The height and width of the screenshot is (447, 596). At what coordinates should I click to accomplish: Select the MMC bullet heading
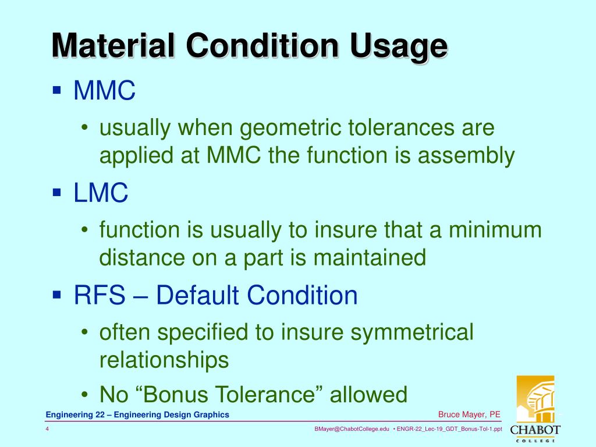[105, 91]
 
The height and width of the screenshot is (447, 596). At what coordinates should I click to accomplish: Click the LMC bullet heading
[101, 193]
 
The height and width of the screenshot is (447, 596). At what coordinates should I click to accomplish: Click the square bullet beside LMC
[56, 193]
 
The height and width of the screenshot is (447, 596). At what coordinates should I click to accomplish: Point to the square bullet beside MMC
[56, 91]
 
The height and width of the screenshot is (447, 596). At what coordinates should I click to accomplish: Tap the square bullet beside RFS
[56, 295]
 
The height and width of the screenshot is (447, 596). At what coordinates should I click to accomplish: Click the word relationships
[164, 360]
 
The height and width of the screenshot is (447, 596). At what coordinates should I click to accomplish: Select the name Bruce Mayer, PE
[469, 414]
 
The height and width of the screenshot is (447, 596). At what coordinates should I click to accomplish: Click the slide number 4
[47, 430]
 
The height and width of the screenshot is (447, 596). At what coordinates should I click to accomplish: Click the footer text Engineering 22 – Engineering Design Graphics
[137, 414]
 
